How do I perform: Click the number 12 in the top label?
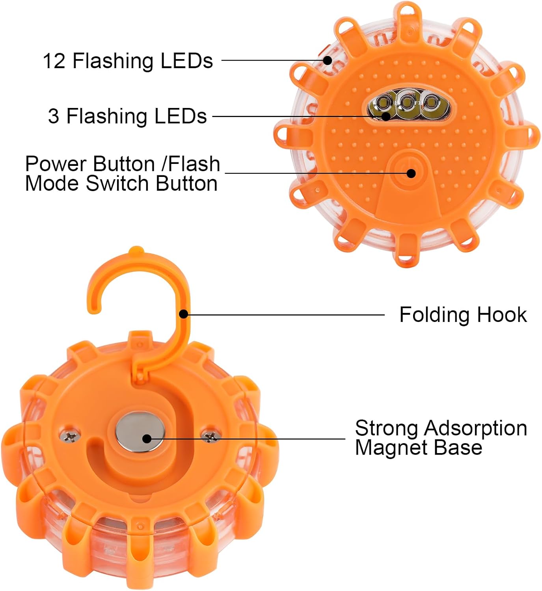(x=54, y=61)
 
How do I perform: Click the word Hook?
(x=502, y=315)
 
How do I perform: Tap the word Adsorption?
(x=475, y=429)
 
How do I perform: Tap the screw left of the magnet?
(x=69, y=435)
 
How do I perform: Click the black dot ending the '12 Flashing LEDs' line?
(x=327, y=60)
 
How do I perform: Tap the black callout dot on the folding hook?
(x=183, y=314)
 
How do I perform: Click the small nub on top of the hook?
(x=136, y=250)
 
